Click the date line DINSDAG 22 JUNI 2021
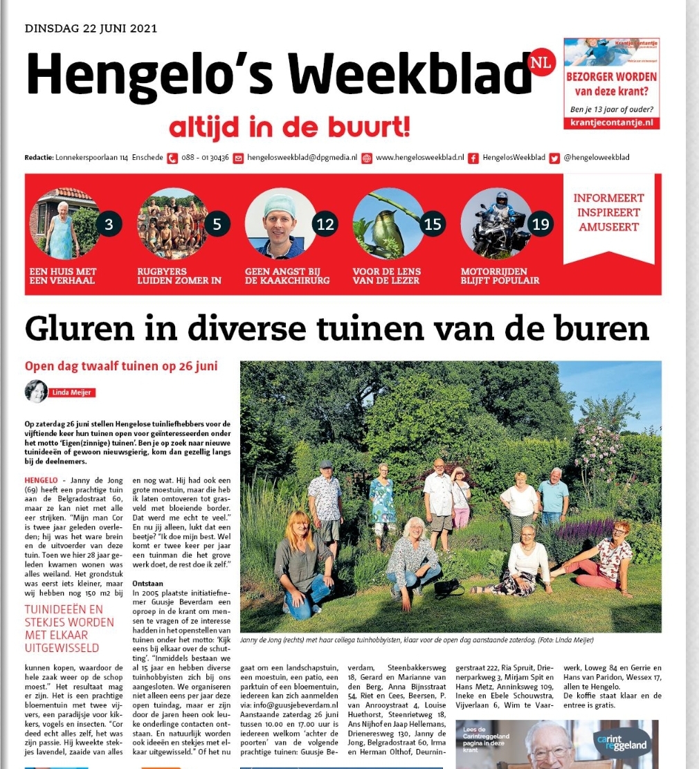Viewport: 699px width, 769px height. tap(91, 28)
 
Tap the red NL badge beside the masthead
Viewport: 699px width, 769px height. tap(541, 63)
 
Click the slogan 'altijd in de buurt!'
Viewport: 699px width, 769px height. tap(289, 126)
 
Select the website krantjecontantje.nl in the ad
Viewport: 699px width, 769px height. tap(611, 123)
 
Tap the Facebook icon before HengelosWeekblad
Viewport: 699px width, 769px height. tap(473, 158)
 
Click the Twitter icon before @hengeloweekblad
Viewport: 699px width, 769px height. tap(554, 158)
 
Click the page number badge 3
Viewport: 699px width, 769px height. tap(109, 224)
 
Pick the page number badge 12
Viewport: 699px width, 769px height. tap(325, 224)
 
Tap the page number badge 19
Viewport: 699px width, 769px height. tap(541, 224)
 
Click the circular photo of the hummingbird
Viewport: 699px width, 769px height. tap(388, 224)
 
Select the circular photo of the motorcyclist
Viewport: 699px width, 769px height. tap(496, 224)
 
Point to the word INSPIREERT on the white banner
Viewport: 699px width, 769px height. tap(608, 212)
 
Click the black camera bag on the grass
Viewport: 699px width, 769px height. tap(448, 588)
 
